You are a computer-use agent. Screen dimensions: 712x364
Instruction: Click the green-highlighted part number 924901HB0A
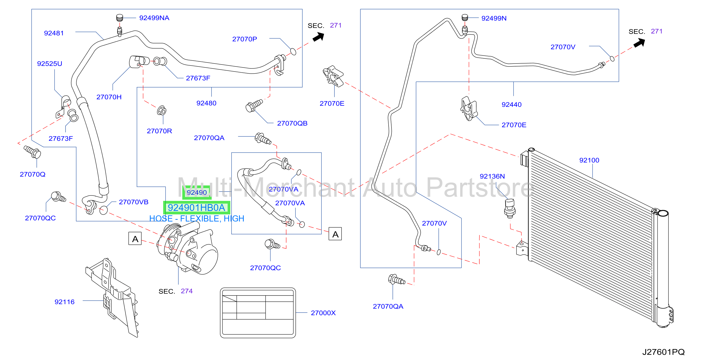click(196, 208)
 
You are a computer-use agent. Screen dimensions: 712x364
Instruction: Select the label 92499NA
click(154, 18)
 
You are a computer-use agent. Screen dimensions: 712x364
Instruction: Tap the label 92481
click(54, 33)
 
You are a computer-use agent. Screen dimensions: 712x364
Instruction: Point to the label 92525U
click(50, 64)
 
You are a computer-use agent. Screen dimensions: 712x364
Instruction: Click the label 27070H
click(109, 97)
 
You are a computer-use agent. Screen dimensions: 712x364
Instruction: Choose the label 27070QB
click(292, 123)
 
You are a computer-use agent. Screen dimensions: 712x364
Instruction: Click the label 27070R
click(160, 131)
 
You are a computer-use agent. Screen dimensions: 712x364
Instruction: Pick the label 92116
click(65, 302)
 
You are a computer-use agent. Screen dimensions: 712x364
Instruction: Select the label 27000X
click(323, 313)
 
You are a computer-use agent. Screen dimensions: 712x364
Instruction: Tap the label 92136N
click(492, 176)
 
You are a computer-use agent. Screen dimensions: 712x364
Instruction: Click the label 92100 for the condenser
click(589, 160)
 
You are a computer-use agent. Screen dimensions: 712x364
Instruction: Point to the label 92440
click(512, 105)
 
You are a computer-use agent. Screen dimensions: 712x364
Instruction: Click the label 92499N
click(494, 18)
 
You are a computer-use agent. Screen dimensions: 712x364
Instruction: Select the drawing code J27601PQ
click(663, 352)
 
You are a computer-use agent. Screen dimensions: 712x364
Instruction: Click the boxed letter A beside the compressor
click(135, 239)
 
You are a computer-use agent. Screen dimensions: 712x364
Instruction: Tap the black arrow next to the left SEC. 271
click(319, 37)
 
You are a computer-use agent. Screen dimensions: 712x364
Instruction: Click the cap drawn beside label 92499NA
click(119, 18)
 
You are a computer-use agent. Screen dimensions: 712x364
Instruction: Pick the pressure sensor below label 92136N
click(510, 208)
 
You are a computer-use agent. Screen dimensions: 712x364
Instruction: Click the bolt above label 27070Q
click(33, 152)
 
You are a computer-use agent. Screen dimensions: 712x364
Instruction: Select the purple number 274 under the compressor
click(186, 291)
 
